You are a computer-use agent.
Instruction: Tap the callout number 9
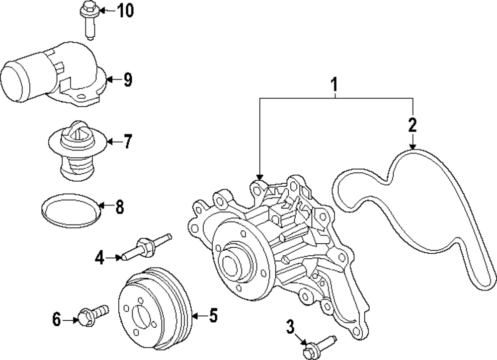point(128,80)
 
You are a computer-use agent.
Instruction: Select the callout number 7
point(128,143)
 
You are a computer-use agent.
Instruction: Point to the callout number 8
point(119,207)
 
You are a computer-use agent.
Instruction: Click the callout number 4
point(100,257)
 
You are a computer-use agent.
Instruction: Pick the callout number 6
point(57,320)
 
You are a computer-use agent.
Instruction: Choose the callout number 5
point(213,316)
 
